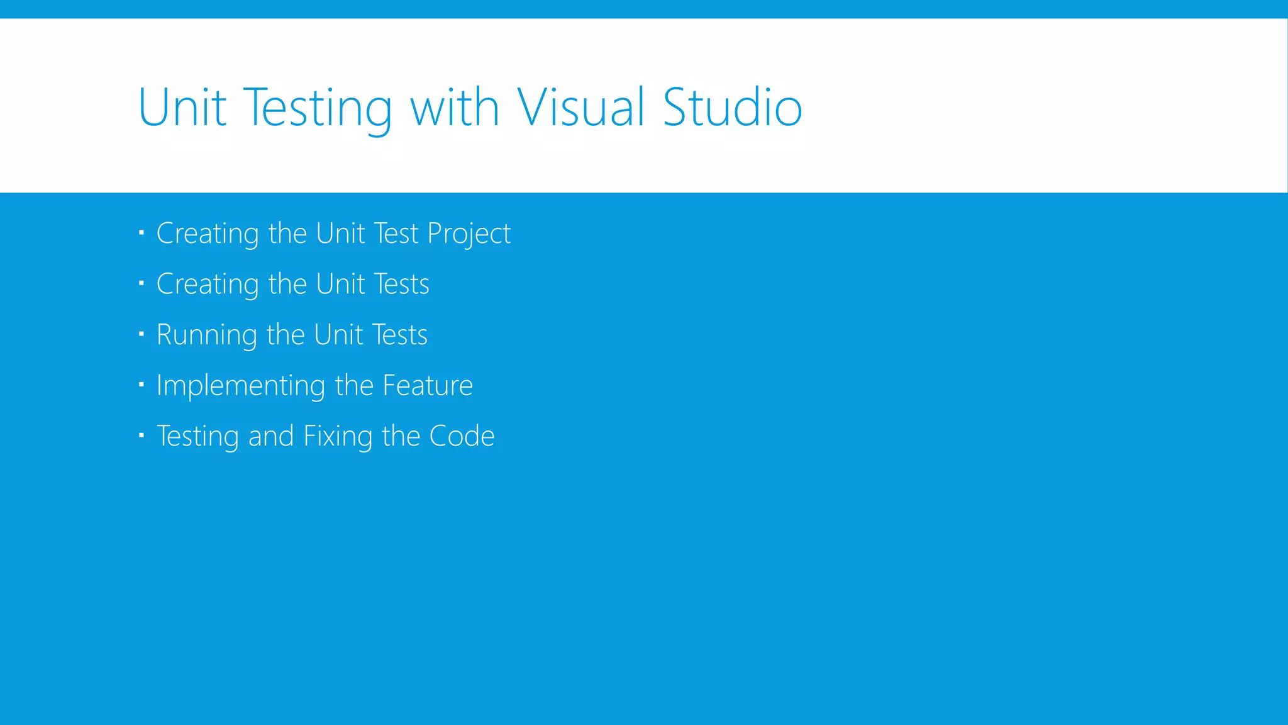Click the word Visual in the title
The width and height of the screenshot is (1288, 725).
580,108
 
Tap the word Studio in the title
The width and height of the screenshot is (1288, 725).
733,108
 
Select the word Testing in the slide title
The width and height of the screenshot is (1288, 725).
317,109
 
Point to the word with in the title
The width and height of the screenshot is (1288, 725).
455,108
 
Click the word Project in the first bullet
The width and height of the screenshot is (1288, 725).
469,234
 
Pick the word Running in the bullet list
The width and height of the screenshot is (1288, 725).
207,335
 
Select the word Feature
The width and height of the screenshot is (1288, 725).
428,385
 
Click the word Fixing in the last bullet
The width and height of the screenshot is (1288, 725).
338,437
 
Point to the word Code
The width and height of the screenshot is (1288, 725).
462,436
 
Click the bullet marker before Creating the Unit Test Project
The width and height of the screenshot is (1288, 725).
142,233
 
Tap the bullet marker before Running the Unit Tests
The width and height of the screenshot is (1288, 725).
142,334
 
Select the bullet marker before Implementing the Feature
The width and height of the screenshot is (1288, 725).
142,385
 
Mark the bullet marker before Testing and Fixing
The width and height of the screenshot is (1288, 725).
142,435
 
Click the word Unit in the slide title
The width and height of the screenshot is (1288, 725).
182,108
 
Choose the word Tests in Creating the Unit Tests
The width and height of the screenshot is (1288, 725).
401,284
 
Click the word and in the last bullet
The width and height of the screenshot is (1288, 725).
271,436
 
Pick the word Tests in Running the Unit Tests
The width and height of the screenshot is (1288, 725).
399,335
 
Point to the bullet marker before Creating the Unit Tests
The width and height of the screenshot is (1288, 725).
142,284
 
